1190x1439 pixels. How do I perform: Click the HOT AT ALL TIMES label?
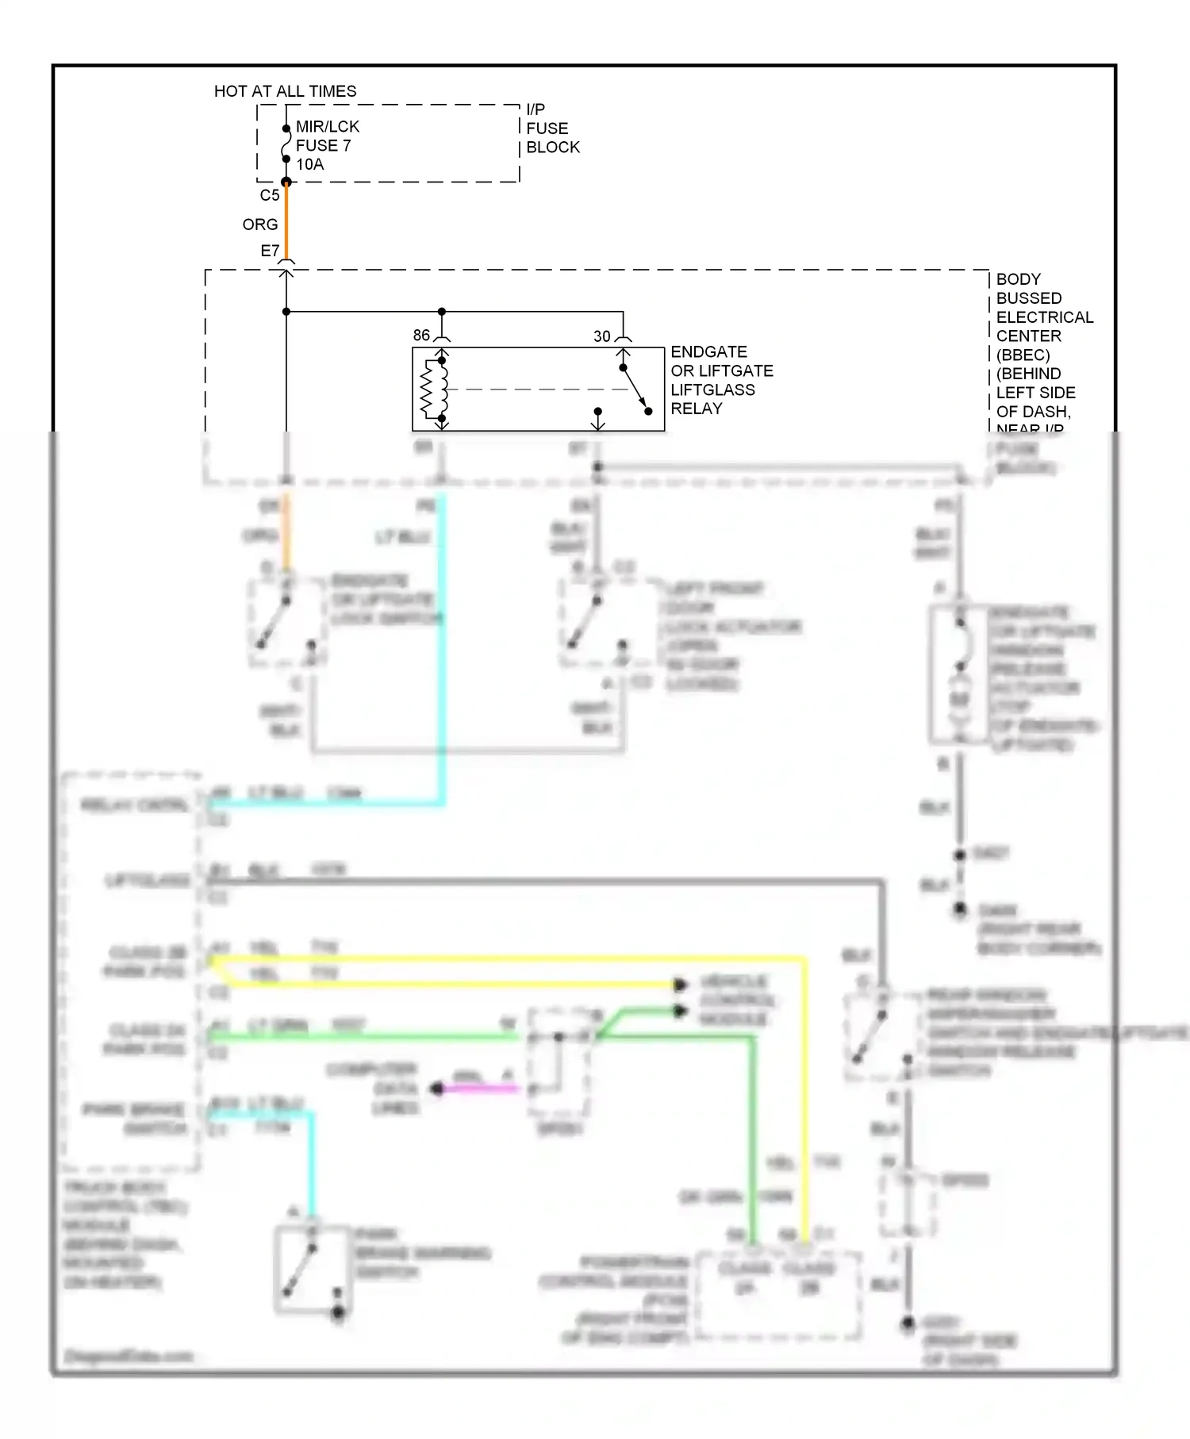point(285,91)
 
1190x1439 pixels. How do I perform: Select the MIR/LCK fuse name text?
point(327,127)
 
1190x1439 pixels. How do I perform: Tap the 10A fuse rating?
point(309,165)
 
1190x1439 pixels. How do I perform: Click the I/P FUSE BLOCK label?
point(552,129)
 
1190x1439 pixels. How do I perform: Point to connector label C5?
point(269,195)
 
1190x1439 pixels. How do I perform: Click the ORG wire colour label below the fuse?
point(259,224)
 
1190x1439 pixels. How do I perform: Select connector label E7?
point(270,251)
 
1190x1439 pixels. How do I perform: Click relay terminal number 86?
point(421,336)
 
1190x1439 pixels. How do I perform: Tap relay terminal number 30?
point(602,336)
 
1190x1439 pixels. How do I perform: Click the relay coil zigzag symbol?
point(428,389)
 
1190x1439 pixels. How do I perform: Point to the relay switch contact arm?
point(635,389)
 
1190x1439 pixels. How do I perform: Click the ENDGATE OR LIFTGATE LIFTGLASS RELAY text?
point(720,380)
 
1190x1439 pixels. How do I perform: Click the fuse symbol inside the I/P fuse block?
point(286,144)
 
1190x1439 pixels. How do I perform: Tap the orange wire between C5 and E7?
point(286,222)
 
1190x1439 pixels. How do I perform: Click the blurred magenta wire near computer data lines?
point(480,1088)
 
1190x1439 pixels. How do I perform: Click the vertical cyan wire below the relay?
point(442,635)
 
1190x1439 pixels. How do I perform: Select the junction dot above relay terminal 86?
point(442,312)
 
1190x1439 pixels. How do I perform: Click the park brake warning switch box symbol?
point(313,1270)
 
